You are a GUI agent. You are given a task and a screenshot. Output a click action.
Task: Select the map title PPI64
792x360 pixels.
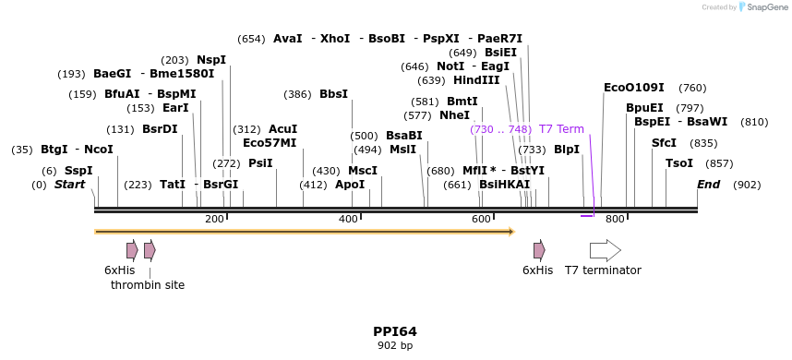pyautogui.click(x=395, y=331)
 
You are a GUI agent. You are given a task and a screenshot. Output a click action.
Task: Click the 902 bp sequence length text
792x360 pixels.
pyautogui.click(x=395, y=346)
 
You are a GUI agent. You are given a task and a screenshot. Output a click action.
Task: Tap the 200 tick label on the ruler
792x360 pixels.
pyautogui.click(x=214, y=219)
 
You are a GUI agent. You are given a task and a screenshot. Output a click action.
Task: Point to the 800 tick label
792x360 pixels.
pyautogui.click(x=615, y=219)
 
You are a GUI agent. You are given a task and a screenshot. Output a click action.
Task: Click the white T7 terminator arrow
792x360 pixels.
pyautogui.click(x=605, y=250)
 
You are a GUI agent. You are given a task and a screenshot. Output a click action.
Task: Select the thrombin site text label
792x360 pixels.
pyautogui.click(x=148, y=285)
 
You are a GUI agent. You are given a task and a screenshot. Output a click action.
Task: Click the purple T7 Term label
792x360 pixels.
pyautogui.click(x=561, y=129)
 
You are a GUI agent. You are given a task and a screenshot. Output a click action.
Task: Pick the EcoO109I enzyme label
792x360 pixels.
pyautogui.click(x=633, y=88)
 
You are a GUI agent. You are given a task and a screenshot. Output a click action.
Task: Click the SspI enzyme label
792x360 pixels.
pyautogui.click(x=78, y=171)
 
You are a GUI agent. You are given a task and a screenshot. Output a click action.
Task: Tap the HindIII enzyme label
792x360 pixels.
pyautogui.click(x=476, y=80)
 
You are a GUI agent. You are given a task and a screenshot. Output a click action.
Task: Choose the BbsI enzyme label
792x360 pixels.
pyautogui.click(x=333, y=94)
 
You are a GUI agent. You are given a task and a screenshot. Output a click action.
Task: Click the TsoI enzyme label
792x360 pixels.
pyautogui.click(x=679, y=163)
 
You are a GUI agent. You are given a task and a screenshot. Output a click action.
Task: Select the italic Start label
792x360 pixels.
pyautogui.click(x=69, y=185)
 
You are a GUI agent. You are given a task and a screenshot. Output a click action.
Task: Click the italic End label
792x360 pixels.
pyautogui.click(x=708, y=185)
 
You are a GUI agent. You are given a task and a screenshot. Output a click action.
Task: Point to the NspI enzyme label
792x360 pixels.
pyautogui.click(x=211, y=60)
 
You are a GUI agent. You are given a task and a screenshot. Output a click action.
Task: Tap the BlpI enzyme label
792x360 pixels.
pyautogui.click(x=567, y=150)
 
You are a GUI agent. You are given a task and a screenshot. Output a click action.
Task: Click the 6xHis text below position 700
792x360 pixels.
pyautogui.click(x=537, y=270)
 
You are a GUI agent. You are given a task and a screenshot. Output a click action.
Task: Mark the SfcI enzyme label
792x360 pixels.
pyautogui.click(x=664, y=143)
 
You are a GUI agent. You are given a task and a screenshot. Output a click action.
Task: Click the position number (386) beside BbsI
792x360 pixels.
pyautogui.click(x=297, y=94)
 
